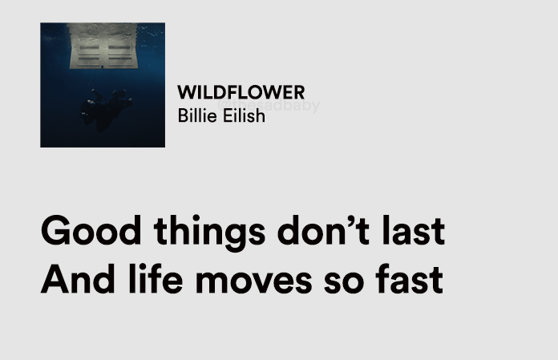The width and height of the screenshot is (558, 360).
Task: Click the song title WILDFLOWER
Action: pyautogui.click(x=241, y=92)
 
